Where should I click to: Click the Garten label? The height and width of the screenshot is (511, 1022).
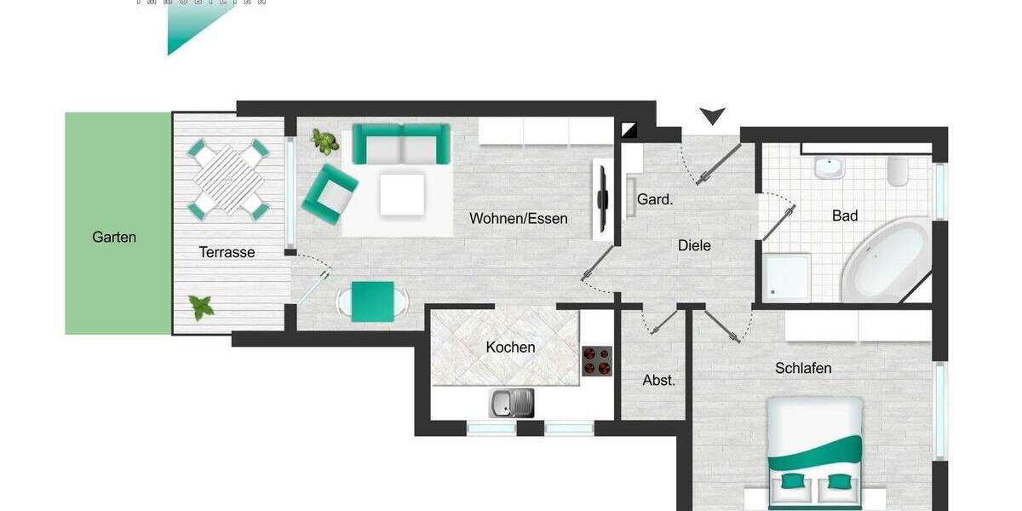114,238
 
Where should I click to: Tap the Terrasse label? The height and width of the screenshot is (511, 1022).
227,252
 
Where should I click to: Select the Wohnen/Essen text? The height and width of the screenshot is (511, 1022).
518,219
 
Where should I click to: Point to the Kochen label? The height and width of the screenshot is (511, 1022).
510,347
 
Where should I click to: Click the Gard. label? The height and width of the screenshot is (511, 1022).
655,200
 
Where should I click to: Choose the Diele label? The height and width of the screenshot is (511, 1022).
694,245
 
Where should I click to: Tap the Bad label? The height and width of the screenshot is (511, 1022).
844,216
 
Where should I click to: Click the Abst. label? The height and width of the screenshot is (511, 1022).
658,380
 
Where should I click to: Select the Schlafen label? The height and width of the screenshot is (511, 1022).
803,368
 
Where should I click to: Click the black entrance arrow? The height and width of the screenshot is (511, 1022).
712,116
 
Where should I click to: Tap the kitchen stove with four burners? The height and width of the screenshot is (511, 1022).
598,360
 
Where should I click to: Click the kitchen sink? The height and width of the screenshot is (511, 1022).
511,402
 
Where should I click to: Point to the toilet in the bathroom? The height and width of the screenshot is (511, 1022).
899,171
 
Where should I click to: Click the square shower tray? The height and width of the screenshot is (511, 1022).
787,277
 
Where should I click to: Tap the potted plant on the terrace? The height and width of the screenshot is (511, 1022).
202,307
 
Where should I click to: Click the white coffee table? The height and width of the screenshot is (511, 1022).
402,194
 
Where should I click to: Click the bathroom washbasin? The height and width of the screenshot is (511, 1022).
828,168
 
